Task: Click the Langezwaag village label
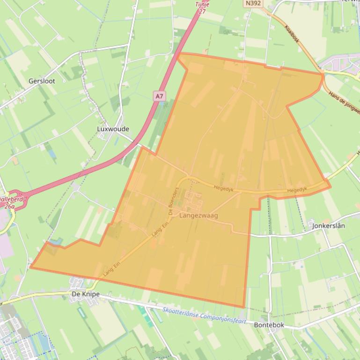point(198,216)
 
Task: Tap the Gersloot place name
point(42,81)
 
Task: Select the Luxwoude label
point(113,129)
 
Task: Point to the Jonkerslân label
point(328,226)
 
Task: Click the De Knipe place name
point(86,295)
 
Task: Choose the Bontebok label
point(269,325)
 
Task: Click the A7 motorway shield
point(160,96)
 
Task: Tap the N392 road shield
point(253,3)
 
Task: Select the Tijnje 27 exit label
point(202,7)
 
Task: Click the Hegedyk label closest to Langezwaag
point(223,187)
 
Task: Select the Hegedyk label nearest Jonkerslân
point(297,190)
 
